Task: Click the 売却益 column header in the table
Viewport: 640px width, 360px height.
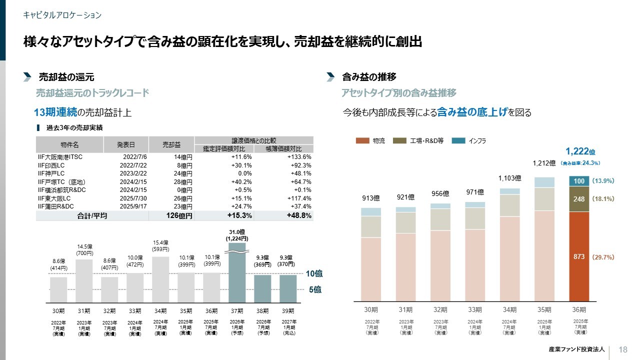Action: (x=171, y=145)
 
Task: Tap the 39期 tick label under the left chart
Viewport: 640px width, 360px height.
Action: (x=288, y=311)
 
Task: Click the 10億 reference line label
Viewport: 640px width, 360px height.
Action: (x=313, y=273)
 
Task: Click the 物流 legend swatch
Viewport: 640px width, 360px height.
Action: (x=362, y=141)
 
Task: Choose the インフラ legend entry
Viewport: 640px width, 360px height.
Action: (x=472, y=141)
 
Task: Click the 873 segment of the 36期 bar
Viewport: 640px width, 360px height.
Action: (x=579, y=256)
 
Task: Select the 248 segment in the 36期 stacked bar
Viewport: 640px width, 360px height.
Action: (x=579, y=199)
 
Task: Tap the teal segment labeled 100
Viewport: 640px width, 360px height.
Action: (x=579, y=181)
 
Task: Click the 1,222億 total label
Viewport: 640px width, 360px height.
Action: (x=580, y=151)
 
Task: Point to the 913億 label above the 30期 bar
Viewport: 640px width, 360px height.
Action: (x=371, y=198)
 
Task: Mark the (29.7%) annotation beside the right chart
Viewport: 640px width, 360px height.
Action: (x=603, y=257)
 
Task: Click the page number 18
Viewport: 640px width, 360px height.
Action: (x=623, y=349)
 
